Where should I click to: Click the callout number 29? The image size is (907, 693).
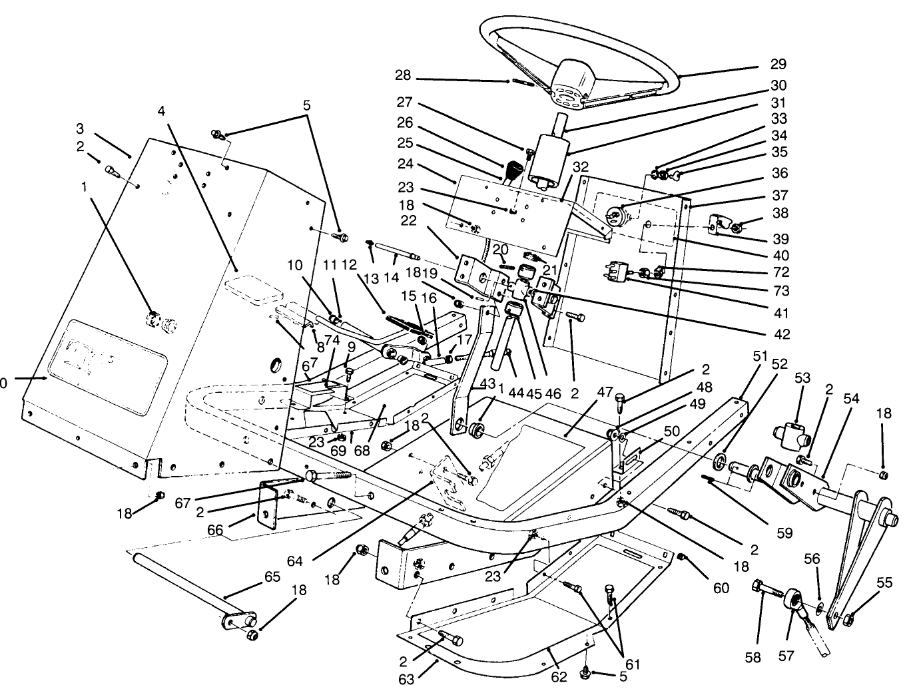point(778,65)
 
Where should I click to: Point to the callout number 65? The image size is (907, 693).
point(272,576)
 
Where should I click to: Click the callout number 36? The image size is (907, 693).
point(779,173)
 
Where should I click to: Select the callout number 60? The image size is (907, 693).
point(721,588)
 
